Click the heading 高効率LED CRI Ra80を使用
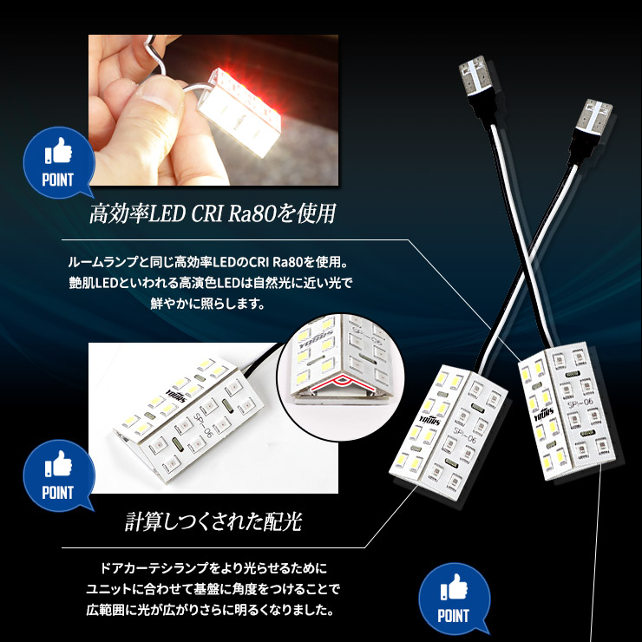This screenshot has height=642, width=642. click(x=213, y=213)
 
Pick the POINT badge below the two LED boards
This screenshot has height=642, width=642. click(x=454, y=599)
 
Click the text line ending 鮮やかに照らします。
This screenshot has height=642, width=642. click(x=213, y=305)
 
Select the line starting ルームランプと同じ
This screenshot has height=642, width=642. click(x=213, y=261)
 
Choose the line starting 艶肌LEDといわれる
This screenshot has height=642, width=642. click(x=213, y=284)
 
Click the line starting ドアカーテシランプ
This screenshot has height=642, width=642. click(x=213, y=568)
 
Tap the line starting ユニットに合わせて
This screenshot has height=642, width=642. click(x=213, y=590)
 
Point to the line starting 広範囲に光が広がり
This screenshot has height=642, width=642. click(x=213, y=611)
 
